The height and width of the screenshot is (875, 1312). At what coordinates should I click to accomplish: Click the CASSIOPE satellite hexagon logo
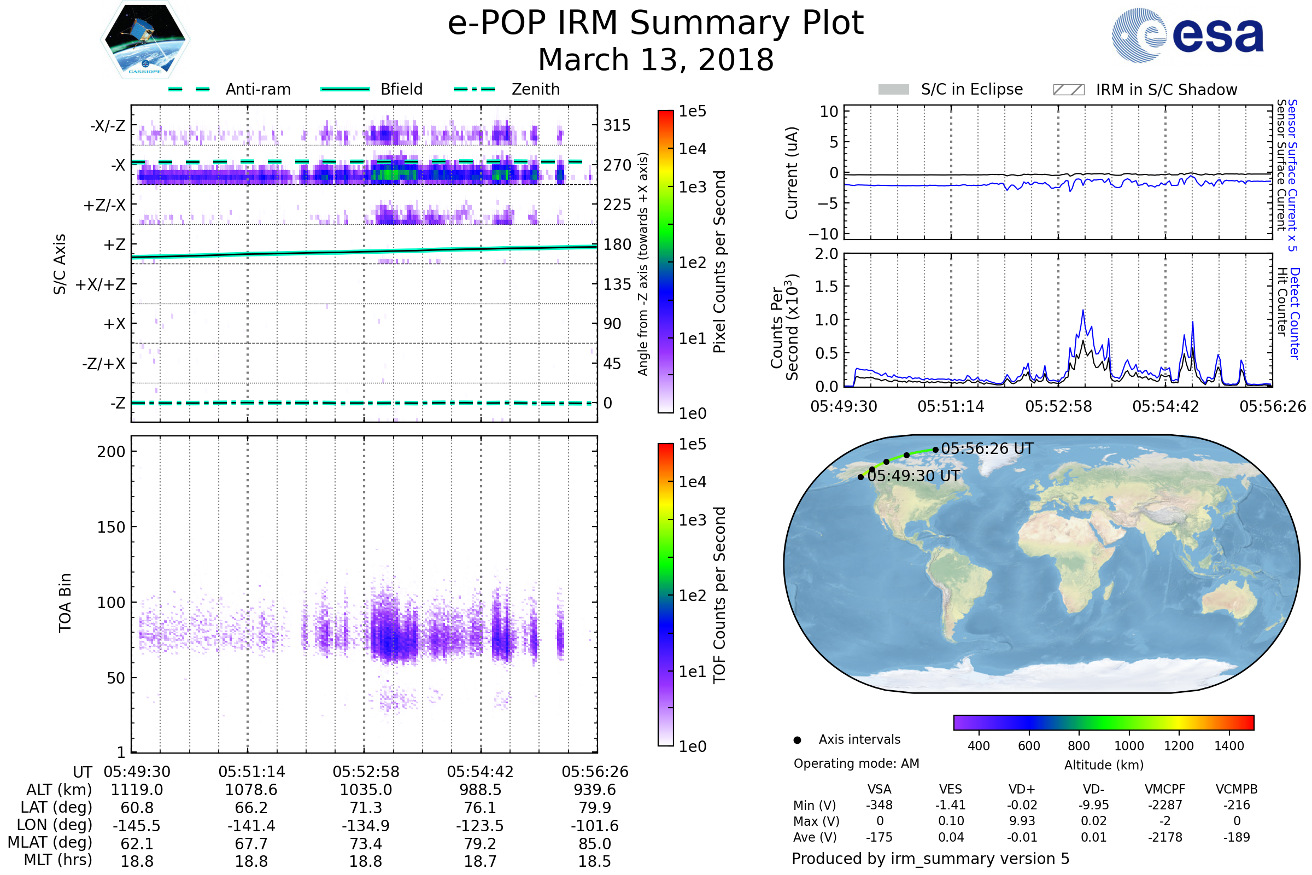(x=145, y=39)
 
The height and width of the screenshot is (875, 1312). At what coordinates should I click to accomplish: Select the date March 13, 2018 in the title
(x=655, y=60)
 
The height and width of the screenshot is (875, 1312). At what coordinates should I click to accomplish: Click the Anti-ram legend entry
(x=257, y=89)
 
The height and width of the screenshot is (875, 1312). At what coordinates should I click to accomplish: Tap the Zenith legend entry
(x=535, y=89)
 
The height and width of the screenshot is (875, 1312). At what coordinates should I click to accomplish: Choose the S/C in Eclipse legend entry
(x=971, y=89)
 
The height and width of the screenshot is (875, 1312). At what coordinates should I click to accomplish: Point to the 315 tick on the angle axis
(x=617, y=126)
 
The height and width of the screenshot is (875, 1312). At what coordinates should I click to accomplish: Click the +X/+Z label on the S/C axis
(x=101, y=284)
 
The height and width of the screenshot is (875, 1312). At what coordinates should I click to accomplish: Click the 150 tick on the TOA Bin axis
(x=111, y=527)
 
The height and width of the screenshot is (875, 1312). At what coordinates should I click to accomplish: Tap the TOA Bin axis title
(x=65, y=602)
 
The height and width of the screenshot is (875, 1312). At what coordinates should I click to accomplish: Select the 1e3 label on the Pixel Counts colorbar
(x=692, y=188)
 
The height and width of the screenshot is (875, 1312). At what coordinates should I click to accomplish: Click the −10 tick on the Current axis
(x=823, y=234)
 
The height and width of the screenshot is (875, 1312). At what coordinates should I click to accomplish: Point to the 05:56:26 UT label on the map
(x=987, y=448)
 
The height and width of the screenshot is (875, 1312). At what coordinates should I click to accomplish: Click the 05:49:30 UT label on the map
(x=913, y=476)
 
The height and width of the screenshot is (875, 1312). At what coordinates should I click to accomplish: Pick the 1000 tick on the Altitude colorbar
(x=1128, y=746)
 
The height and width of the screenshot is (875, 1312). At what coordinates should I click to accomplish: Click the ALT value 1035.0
(x=366, y=790)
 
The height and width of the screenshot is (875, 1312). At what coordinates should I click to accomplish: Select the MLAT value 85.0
(x=595, y=844)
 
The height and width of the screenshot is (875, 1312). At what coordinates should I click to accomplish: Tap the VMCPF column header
(x=1165, y=789)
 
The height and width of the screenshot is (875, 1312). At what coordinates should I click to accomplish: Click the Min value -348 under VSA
(x=879, y=805)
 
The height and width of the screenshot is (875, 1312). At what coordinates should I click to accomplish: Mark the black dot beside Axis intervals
(x=797, y=740)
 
